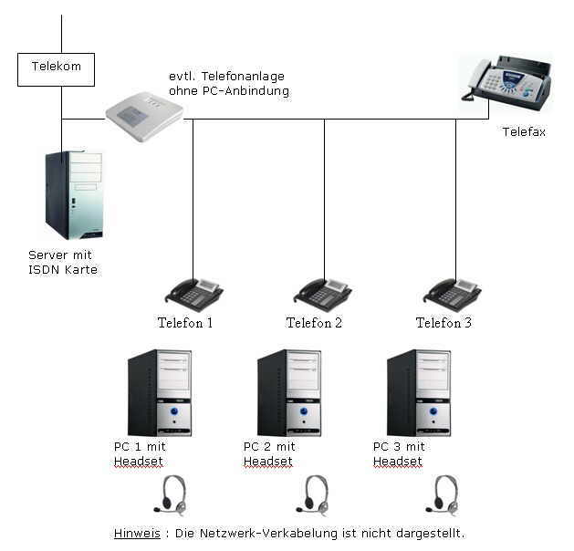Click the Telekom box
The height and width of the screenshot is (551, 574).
click(x=56, y=68)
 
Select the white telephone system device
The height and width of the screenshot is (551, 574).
click(x=143, y=112)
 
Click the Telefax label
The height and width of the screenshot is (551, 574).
click(x=524, y=132)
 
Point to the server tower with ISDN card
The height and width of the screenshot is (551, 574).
click(x=74, y=194)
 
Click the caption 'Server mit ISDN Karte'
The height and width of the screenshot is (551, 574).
click(x=62, y=263)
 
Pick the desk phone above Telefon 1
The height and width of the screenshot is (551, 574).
click(x=193, y=294)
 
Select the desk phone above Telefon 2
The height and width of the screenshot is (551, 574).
click(x=323, y=294)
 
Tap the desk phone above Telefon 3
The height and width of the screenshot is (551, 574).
click(x=453, y=294)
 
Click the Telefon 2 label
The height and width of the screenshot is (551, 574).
click(x=314, y=323)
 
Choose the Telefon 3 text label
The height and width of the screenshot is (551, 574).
click(x=444, y=323)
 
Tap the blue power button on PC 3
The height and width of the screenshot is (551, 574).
click(x=433, y=411)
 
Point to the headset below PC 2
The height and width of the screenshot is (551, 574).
click(x=313, y=494)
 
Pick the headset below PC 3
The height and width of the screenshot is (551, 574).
click(x=443, y=494)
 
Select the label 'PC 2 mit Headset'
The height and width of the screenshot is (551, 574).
click(x=269, y=454)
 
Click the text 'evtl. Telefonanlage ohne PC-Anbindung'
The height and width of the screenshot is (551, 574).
click(x=229, y=84)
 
